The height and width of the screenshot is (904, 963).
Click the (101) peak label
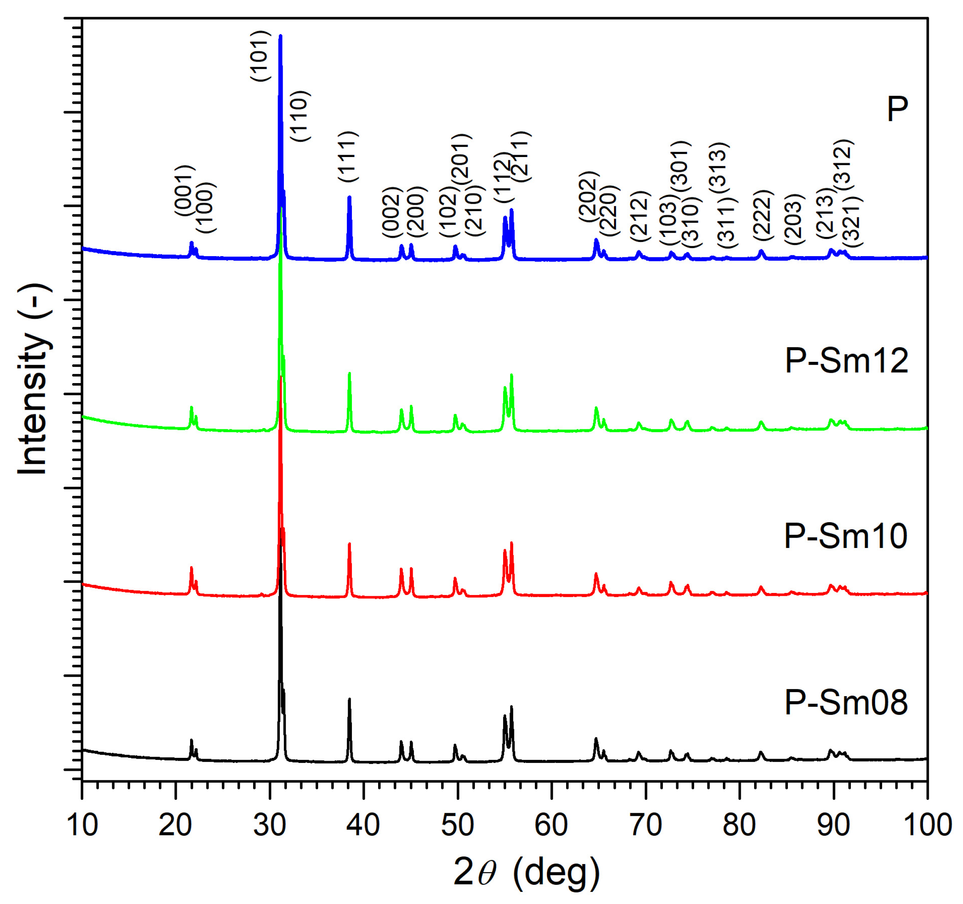coord(260,56)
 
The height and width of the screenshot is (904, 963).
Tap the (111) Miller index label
coord(348,156)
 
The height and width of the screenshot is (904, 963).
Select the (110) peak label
coord(299,116)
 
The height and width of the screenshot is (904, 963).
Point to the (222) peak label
coord(762,215)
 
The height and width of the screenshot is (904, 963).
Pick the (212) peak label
coord(639,217)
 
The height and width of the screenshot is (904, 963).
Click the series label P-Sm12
coord(846,361)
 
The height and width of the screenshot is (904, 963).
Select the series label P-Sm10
coord(845,536)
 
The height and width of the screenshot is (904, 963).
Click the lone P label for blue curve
coord(897,110)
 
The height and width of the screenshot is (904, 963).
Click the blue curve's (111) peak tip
coord(349,197)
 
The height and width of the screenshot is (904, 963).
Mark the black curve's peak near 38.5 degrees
coord(349,699)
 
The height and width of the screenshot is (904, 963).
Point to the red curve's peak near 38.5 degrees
coord(349,544)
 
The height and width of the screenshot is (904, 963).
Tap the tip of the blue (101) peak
coord(281,36)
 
